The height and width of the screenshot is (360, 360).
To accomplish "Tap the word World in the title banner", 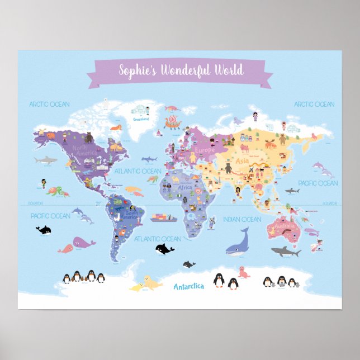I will point(229,70).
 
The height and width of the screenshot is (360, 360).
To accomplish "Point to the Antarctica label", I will point(189,286).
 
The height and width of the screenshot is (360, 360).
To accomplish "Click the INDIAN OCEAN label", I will point(242,220).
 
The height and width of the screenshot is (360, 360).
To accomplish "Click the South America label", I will point(132,214).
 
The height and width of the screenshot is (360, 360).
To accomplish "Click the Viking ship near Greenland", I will point(173,122).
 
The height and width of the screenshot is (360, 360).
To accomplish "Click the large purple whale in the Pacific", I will point(83,243).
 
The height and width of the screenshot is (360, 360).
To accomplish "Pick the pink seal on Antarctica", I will point(243,272).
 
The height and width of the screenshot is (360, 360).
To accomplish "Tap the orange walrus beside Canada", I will point(116,128).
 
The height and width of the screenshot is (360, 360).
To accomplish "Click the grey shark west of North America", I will point(45,161).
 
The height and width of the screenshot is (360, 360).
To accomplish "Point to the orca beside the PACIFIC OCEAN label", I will point(44,229).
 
